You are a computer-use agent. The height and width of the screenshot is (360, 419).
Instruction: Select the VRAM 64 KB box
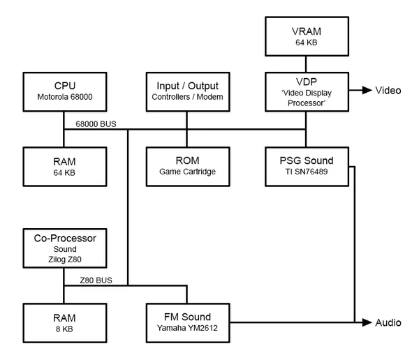307,37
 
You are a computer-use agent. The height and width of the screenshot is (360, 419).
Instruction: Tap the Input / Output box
186,90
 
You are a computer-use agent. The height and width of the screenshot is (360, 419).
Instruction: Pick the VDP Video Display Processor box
307,90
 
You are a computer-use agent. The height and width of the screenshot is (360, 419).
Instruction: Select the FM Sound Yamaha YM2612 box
186,322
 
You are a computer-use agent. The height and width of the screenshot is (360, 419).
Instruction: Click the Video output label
388,91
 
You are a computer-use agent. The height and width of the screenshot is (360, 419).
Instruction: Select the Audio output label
388,322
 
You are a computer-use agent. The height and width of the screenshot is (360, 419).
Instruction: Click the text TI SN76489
307,172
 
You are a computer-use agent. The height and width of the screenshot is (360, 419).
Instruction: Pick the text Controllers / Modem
186,97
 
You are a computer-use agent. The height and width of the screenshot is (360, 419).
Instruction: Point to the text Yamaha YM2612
186,329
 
